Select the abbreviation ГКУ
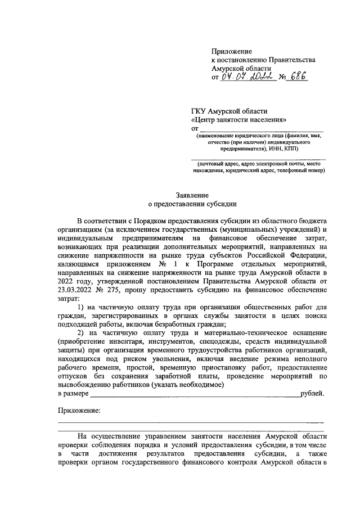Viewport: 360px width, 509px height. pos(201,111)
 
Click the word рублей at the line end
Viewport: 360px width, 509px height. pos(312,393)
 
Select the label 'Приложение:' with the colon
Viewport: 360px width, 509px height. pos(80,411)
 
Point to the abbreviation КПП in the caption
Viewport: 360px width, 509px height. pos(291,149)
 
